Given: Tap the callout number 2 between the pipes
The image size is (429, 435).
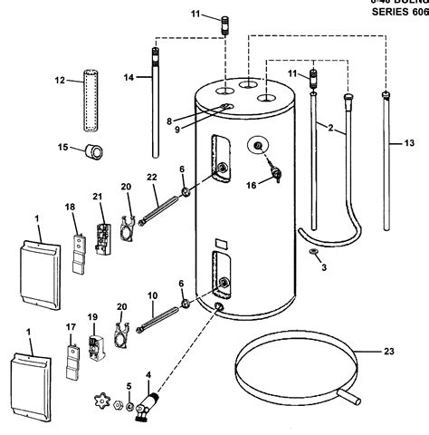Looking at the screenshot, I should pos(331,129).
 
